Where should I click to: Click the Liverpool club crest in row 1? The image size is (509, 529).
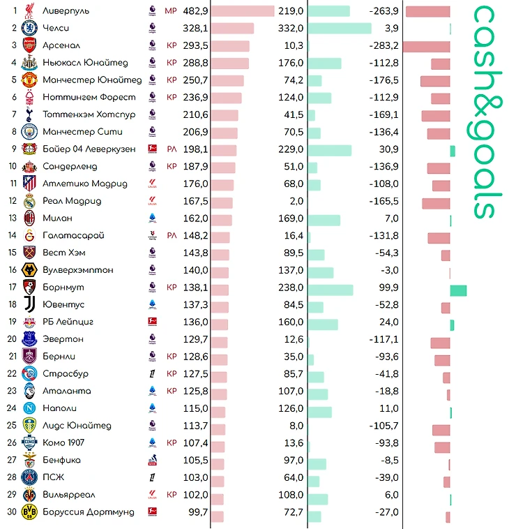pos(29,10)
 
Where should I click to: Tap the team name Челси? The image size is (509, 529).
pos(56,28)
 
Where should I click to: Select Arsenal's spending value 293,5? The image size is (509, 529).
pos(195,45)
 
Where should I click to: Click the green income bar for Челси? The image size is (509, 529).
pos(340,29)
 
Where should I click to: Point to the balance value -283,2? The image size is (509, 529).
pos(383,45)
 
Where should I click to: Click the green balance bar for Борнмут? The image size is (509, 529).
pos(458,290)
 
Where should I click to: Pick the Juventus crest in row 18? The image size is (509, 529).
pos(29,304)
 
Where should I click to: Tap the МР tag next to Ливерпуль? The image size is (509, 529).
pos(171,10)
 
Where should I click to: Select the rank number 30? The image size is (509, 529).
pos(12,512)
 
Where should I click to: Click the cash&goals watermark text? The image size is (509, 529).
pos(486,112)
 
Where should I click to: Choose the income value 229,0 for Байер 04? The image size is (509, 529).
pos(291,149)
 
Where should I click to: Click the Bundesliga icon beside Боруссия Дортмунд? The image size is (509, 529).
pos(153,512)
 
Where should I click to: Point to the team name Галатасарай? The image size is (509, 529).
pos(73,235)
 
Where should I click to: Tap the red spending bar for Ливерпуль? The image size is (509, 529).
pos(243,11)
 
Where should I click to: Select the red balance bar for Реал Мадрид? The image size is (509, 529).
pos(436,204)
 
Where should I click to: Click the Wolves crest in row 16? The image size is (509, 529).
pos(29,270)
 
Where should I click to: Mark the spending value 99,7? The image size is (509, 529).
pos(198,512)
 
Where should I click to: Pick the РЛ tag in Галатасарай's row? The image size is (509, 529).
pos(172,235)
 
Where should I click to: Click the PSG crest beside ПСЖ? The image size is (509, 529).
pos(29,477)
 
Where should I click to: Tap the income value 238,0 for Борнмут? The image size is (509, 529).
pos(291,288)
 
